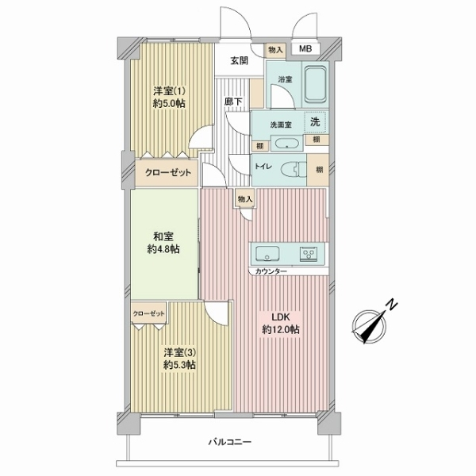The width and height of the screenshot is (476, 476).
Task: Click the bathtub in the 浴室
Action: (315, 85)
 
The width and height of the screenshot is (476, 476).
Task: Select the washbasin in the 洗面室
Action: (286, 144)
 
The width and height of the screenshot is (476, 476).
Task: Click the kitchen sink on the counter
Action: (267, 253)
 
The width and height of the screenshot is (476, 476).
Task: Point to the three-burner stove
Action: (309, 253)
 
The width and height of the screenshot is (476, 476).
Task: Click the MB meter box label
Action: (305, 48)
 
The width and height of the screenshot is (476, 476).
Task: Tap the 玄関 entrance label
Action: (240, 61)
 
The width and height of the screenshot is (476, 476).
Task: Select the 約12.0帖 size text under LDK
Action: (281, 329)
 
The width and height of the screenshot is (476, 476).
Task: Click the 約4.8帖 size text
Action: (163, 249)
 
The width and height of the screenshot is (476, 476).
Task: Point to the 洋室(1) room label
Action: (169, 91)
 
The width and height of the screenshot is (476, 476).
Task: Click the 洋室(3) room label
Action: (180, 353)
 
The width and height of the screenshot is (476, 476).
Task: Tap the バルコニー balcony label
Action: (230, 442)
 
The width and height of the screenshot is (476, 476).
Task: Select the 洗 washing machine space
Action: (315, 122)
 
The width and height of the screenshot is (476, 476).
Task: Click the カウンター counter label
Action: (271, 271)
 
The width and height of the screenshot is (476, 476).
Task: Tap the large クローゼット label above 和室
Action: (168, 173)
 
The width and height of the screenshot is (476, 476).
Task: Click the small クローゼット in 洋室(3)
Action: (149, 313)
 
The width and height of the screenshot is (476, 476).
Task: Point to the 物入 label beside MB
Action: (275, 50)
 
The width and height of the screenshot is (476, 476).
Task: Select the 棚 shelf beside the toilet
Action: (319, 170)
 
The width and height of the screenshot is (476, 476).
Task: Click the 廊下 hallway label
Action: (233, 102)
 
